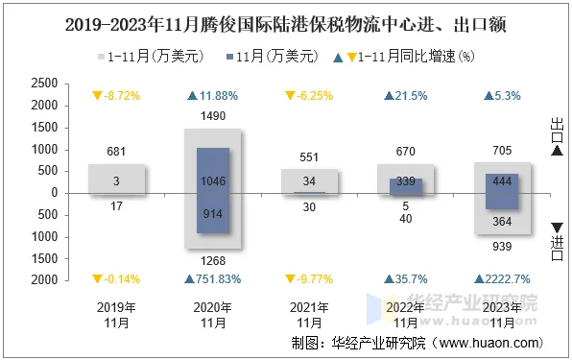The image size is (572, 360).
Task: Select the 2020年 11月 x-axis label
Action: pyautogui.click(x=213, y=315)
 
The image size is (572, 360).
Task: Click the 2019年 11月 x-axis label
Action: pyautogui.click(x=116, y=315)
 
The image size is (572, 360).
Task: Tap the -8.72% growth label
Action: pyautogui.click(x=121, y=96)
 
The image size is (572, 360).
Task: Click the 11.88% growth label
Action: pyautogui.click(x=218, y=96)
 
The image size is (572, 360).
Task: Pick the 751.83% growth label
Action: pyautogui.click(x=217, y=279)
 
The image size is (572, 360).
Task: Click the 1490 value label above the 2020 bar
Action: pyautogui.click(x=213, y=116)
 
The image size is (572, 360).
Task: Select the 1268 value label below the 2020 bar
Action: pyautogui.click(x=213, y=262)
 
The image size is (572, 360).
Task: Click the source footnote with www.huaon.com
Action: pyautogui.click(x=416, y=342)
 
